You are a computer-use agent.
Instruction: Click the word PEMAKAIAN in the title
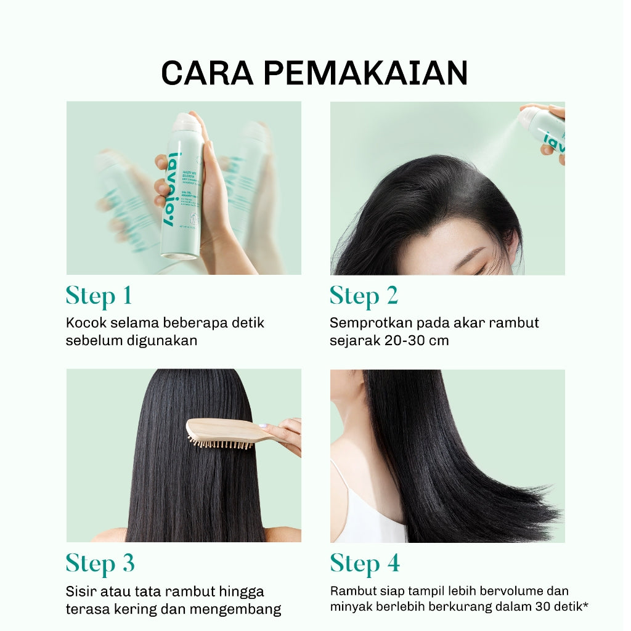[365, 73]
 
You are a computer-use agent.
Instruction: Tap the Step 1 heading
[99, 296]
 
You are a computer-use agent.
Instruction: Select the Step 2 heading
[364, 296]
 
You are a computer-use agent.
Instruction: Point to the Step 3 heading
[100, 563]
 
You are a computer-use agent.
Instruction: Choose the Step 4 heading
[364, 563]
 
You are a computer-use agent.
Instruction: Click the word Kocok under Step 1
[85, 323]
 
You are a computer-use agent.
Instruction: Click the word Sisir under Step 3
[79, 592]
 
